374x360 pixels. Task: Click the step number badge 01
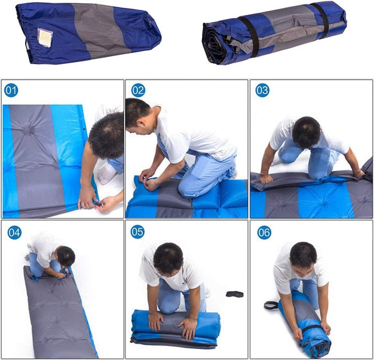point(11,90)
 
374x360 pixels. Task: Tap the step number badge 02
point(138,90)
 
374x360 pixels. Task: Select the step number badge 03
point(262,90)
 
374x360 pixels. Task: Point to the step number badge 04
point(14,232)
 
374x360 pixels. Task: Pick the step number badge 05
point(137,232)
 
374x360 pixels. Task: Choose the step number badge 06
point(264,232)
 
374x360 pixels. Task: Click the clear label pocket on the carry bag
point(45,37)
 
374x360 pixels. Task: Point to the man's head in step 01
point(107,135)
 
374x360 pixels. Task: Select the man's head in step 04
point(66,256)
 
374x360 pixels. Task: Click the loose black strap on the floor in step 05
point(235,294)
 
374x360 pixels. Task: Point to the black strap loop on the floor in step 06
point(271,305)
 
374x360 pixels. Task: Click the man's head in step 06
point(303,258)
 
